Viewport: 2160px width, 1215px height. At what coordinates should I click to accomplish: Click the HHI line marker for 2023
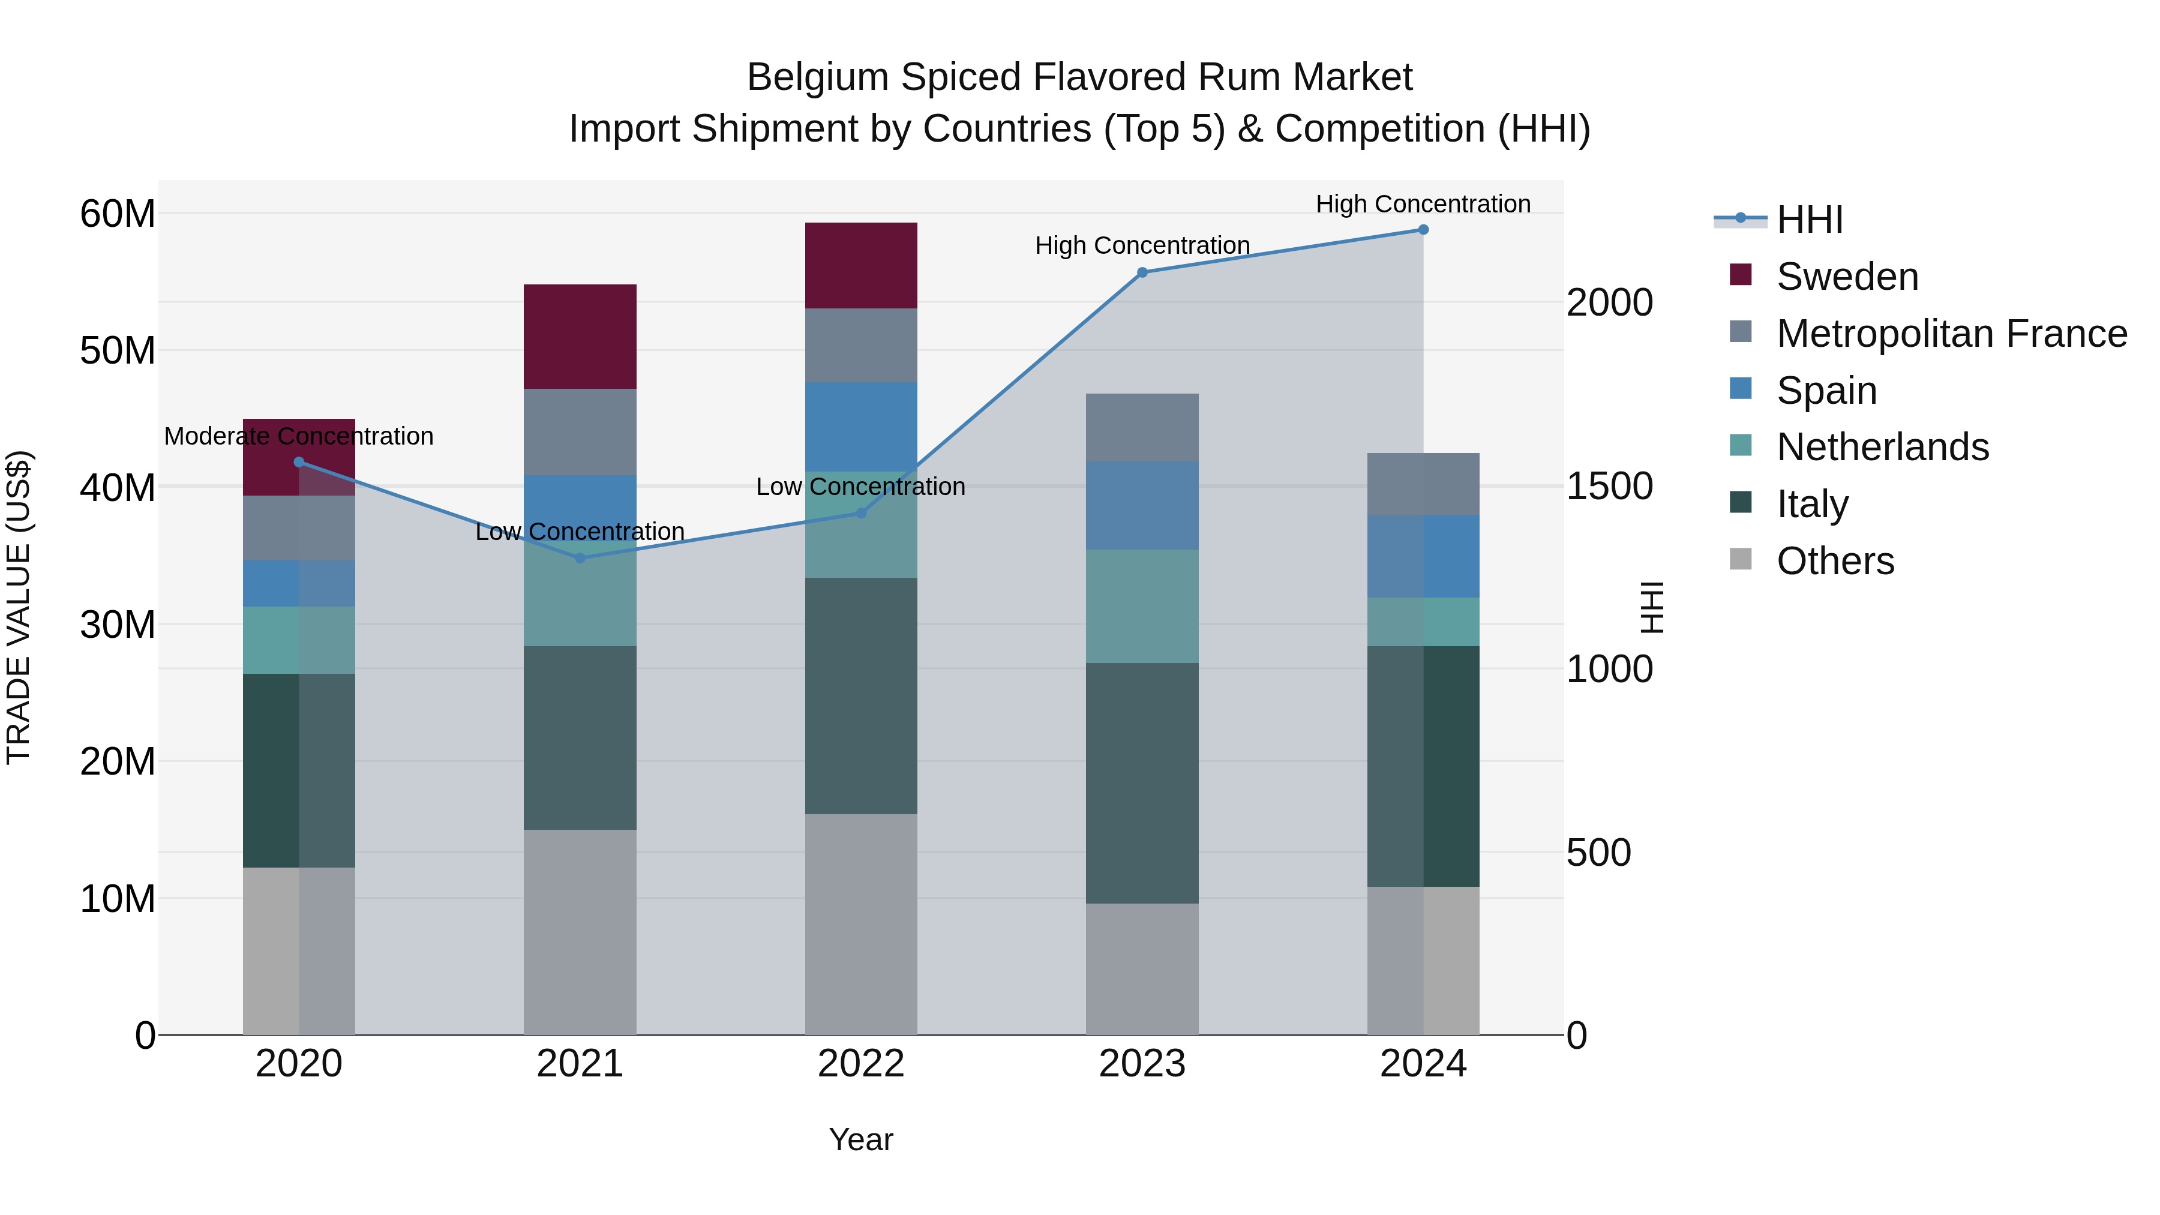coord(1142,272)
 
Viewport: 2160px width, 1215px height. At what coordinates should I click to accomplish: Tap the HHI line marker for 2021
coord(580,557)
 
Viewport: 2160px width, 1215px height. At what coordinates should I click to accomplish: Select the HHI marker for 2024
coord(1423,230)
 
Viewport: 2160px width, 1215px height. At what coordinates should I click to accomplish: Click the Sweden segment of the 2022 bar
coord(861,266)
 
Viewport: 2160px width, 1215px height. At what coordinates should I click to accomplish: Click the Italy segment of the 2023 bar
coord(1142,783)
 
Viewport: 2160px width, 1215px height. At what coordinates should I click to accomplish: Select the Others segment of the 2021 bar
coord(580,932)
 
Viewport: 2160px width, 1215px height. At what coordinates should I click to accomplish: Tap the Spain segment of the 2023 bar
coord(1142,506)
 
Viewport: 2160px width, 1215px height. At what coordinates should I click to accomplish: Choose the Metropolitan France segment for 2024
coord(1423,484)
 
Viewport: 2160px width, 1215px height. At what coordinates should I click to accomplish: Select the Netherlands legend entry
coord(1882,447)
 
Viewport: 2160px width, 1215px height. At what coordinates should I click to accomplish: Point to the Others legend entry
coord(1835,561)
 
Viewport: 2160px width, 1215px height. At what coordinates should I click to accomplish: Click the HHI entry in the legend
coord(1810,220)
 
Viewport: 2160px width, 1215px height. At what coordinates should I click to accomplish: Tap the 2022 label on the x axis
coord(861,1064)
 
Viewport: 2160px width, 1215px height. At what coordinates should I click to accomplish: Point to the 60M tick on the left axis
coord(118,214)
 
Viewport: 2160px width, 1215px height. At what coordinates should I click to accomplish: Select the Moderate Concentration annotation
coord(299,436)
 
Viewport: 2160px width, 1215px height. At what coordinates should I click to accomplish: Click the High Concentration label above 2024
coord(1423,204)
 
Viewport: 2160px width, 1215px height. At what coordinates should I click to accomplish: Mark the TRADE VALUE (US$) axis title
coord(19,607)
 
